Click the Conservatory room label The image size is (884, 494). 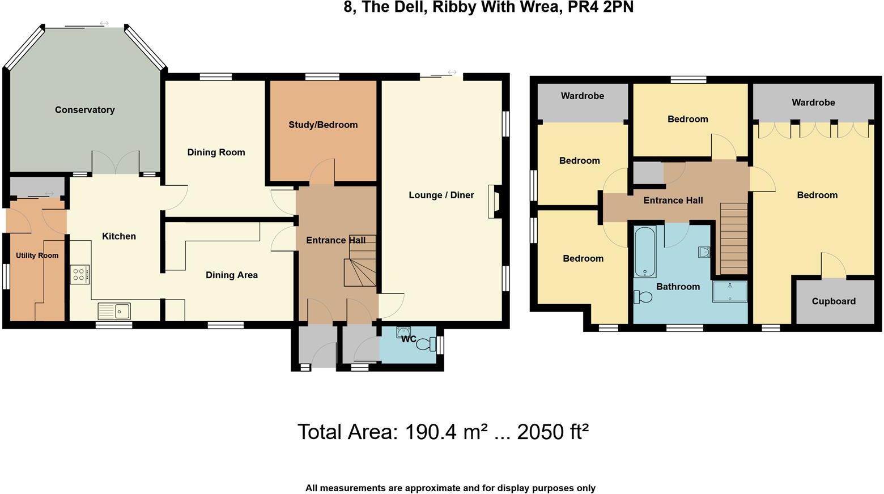coord(84,110)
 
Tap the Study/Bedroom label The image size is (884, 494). coord(323,125)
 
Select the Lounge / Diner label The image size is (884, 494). coord(441,195)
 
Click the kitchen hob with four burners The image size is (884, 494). coord(80,275)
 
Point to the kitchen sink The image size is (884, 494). coord(114,311)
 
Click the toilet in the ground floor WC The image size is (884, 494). coord(424,343)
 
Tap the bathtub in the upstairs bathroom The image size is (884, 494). coord(645,252)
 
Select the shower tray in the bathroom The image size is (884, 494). coord(730,291)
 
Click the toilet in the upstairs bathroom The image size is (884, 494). coord(643,296)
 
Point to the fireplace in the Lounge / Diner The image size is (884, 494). coord(495,202)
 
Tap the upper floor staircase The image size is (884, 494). coord(734,238)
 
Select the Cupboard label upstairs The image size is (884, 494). coord(834,301)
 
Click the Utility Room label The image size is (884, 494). coord(37,255)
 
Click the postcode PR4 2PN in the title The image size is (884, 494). coord(601,7)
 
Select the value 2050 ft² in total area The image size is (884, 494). coord(552,432)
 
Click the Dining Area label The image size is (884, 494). coord(231,275)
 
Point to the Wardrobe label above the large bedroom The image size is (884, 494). coord(813,103)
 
